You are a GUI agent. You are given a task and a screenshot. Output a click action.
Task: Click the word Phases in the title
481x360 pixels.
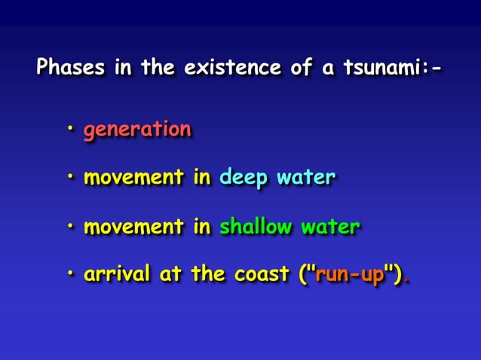coord(72,69)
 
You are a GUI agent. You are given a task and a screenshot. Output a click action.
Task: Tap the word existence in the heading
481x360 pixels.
coord(228,69)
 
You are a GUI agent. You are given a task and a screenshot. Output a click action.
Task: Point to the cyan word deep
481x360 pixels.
coord(243,178)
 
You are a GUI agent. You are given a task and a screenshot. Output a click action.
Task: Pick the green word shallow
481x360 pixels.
coord(254,227)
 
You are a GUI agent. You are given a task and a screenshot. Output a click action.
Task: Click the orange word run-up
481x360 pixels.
coord(350,275)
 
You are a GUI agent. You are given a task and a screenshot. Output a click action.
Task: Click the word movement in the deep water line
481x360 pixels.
coord(133,178)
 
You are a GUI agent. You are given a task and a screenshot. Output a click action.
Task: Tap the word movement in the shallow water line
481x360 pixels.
coord(133,227)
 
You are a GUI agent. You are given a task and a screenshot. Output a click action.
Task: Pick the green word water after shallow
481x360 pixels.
coord(329,227)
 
